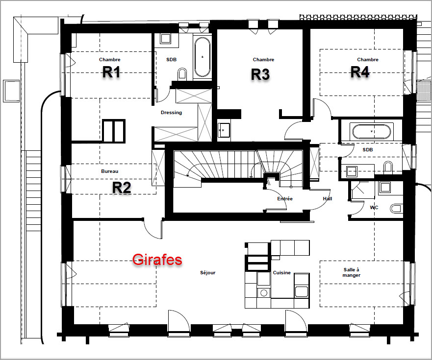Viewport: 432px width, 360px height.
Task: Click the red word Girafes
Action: pos(157,260)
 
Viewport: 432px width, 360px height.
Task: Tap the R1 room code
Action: pos(111,72)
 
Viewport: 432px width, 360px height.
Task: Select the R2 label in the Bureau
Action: pos(122,188)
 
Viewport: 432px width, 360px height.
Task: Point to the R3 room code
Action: pos(260,74)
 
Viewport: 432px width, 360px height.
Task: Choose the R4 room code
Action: pos(360,72)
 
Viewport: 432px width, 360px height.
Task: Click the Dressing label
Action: pos(171,113)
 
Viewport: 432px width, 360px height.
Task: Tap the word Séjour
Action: pos(208,273)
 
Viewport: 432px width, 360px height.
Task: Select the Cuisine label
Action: pos(282,273)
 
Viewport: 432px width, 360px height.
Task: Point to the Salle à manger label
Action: pos(352,272)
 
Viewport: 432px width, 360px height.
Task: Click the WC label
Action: pos(374,208)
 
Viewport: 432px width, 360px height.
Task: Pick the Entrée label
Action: pos(285,199)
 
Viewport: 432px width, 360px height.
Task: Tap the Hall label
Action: pos(328,199)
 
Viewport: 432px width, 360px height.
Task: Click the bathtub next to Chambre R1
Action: pos(203,57)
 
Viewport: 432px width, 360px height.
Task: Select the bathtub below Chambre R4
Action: pos(372,132)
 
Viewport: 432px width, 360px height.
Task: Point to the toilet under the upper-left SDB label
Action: pos(182,74)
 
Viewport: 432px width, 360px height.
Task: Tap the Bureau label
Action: pos(110,171)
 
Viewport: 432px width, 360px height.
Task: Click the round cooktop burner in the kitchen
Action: pos(264,292)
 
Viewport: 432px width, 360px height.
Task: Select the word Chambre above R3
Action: pos(263,59)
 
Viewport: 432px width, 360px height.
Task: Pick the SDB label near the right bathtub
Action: pos(368,150)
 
